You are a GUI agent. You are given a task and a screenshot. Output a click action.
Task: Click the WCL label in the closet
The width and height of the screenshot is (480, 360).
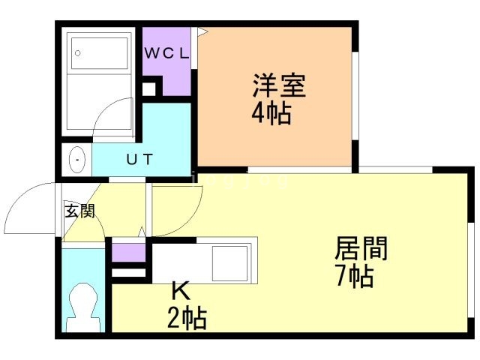coord(166,54)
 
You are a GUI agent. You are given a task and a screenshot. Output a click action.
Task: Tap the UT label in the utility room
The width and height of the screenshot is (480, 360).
coord(139,159)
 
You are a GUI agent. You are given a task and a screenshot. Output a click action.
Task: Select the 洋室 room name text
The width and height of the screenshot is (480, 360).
coord(279,85)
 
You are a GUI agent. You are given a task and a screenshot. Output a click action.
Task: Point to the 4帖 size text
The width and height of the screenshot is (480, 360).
coord(271,113)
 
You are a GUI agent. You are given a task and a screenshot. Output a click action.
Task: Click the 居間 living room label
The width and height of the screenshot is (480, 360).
coord(361,248)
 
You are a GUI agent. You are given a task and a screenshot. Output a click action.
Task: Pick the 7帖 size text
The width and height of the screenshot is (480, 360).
coord(355,276)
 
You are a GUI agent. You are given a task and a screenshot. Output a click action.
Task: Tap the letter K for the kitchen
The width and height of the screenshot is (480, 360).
coord(181,291)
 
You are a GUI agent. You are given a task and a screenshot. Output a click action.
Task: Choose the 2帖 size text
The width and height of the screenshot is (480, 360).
coord(187,318)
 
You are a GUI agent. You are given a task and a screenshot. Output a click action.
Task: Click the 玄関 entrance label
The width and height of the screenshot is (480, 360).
coord(80,211)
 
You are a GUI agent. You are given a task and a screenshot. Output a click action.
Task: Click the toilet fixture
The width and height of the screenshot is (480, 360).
coord(83,307)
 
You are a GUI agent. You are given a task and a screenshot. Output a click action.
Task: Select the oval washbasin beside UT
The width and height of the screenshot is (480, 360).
coord(76,160)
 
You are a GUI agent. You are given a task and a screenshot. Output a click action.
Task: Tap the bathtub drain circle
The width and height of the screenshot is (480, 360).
coord(78,53)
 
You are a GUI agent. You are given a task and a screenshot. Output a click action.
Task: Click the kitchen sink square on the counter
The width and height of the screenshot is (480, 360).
coord(230,263)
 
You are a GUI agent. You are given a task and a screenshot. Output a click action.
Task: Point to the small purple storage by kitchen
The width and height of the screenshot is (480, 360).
coord(128,253)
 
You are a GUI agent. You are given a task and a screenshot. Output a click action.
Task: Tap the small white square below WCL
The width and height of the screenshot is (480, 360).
coord(148,89)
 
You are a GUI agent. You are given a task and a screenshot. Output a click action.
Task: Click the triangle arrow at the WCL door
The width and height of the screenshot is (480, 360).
coord(202,31)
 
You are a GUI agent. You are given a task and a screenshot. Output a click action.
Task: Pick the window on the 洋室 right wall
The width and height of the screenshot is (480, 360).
coord(355,97)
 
